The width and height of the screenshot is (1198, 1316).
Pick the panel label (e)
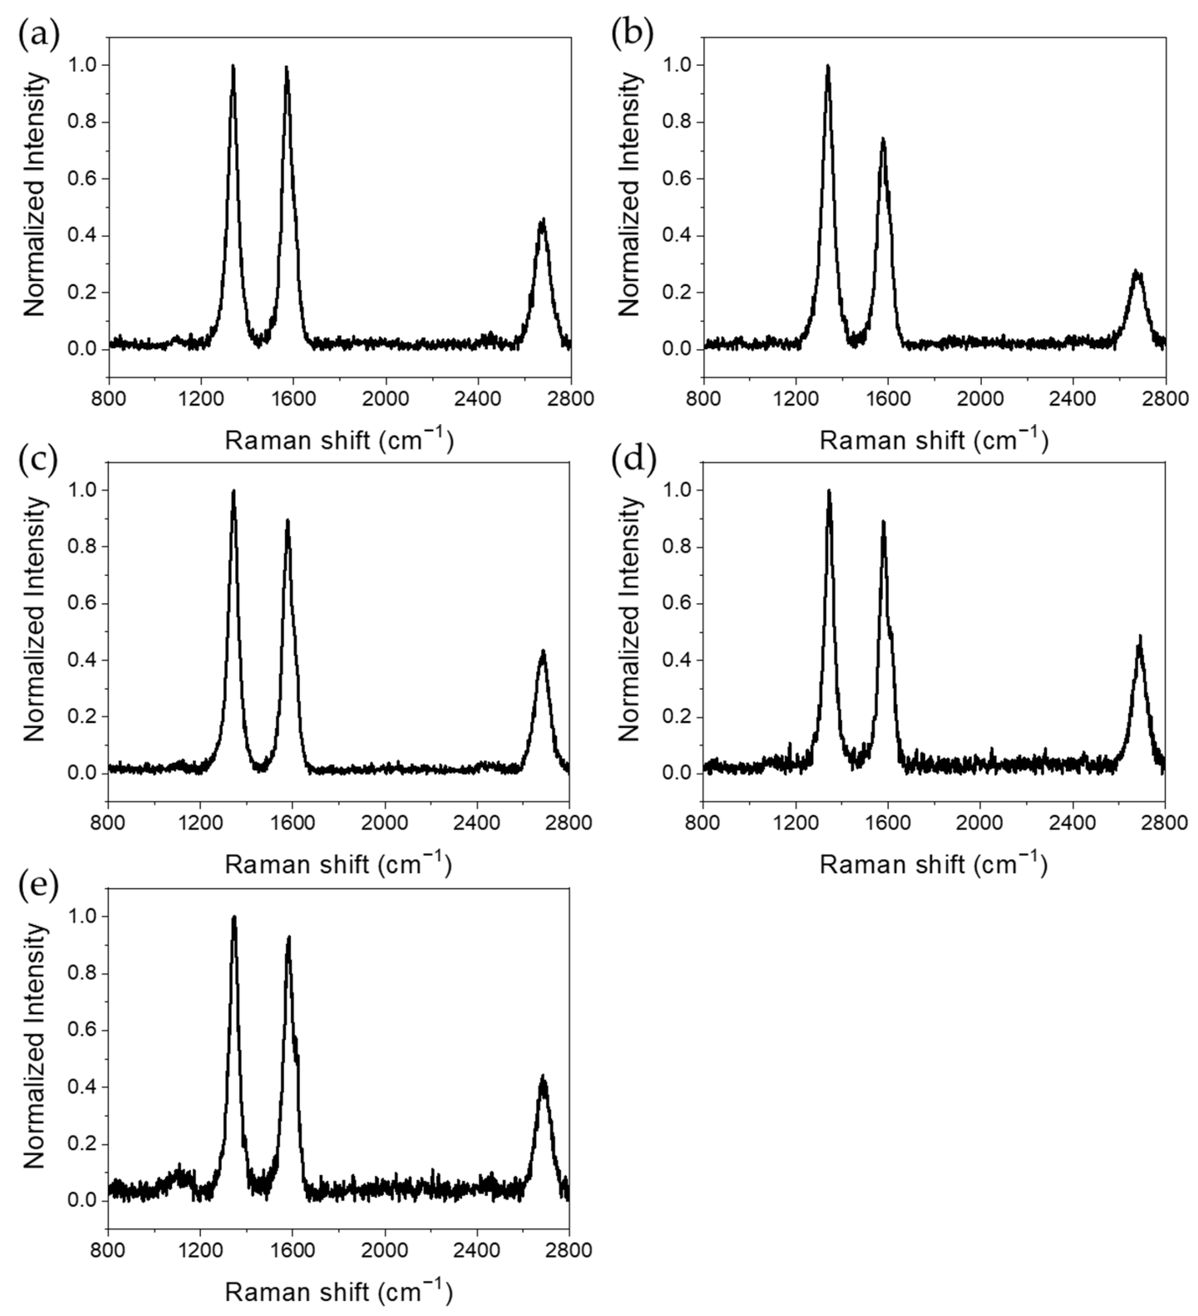pyautogui.click(x=38, y=885)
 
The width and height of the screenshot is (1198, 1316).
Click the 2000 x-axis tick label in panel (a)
pyautogui.click(x=386, y=399)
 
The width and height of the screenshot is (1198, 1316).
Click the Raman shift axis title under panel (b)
pyautogui.click(x=934, y=440)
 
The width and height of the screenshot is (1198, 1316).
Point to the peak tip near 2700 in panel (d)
pyautogui.click(x=1140, y=635)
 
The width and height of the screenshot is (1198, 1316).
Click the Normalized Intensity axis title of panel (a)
pyautogui.click(x=34, y=194)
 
